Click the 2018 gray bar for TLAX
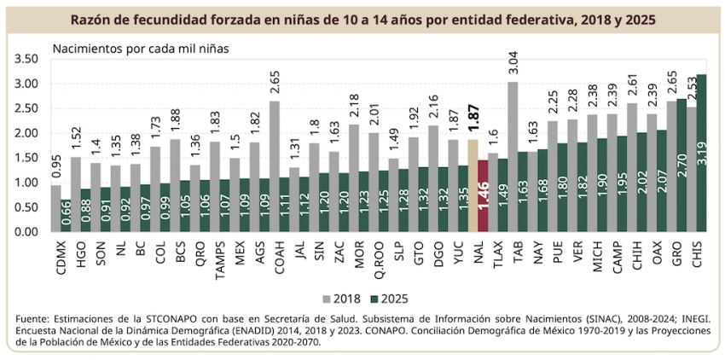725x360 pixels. coord(513,156)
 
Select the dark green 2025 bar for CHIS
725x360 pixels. coord(702,153)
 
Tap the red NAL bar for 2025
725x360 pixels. coord(483,195)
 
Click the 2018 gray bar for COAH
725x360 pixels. coord(275,166)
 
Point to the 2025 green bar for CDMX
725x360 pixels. coord(67,215)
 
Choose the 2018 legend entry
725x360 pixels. coord(338,300)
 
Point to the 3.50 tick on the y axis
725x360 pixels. coord(27,59)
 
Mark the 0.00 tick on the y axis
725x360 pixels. coord(27,231)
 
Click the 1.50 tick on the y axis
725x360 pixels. coord(27,158)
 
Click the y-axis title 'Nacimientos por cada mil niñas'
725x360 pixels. coord(140,49)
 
